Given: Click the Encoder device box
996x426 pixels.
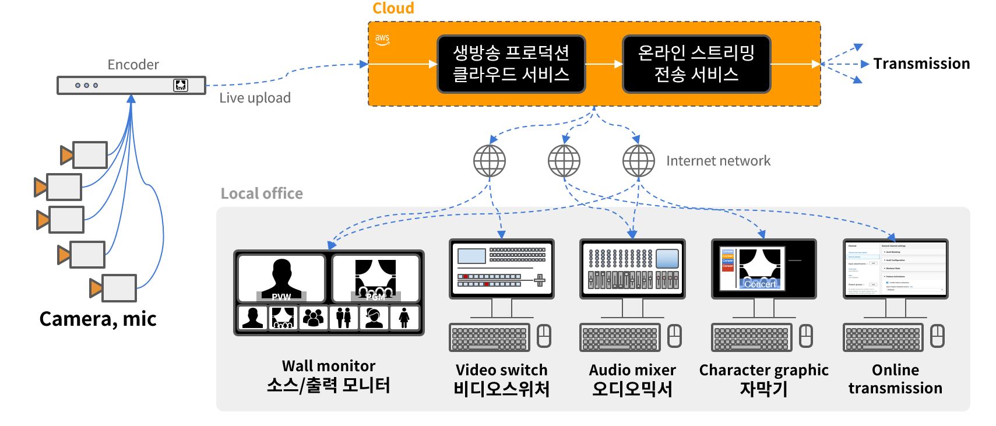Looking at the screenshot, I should click(x=131, y=85).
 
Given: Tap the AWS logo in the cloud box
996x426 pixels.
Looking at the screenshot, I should click(x=382, y=39).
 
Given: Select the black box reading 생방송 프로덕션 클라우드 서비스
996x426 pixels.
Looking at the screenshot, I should click(x=511, y=64).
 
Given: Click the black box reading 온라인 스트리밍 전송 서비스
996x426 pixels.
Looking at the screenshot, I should click(x=696, y=64).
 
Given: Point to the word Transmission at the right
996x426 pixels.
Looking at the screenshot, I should click(x=921, y=64).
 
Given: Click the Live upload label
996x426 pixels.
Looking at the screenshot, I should click(x=255, y=98).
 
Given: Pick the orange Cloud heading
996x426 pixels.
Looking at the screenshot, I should click(x=393, y=9).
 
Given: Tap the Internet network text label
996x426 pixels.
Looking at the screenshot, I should click(x=718, y=161).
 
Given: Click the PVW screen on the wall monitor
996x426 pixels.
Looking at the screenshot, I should click(x=281, y=278).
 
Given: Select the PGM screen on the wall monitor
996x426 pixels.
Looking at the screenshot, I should click(x=376, y=278).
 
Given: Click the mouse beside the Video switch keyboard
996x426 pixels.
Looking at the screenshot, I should click(x=544, y=336).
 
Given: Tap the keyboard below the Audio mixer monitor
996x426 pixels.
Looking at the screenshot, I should click(x=620, y=337).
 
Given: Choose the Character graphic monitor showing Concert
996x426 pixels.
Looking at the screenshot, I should click(x=763, y=269).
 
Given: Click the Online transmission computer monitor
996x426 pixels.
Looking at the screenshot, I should click(x=895, y=269).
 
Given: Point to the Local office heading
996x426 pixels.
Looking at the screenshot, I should click(x=262, y=193).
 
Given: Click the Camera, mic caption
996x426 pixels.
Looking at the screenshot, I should click(x=98, y=319).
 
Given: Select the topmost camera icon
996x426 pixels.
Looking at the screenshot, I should click(x=85, y=155).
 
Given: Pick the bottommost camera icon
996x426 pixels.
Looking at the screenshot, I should click(x=114, y=288).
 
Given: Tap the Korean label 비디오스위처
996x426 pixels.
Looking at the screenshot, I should click(x=501, y=389).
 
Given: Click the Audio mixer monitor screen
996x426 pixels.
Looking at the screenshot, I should click(x=632, y=269).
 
